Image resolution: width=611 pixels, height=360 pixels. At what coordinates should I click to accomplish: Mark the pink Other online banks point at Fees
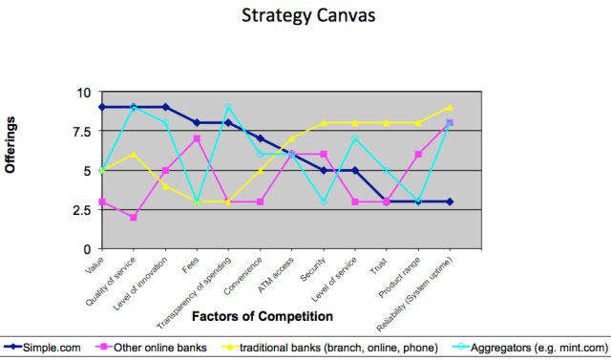pos(197,139)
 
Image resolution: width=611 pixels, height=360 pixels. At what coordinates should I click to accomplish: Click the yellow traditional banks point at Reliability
pos(450,107)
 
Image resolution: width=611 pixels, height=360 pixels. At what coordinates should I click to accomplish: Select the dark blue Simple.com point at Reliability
pos(450,201)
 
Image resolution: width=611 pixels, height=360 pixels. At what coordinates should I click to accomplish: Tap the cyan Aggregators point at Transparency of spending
pos(228,107)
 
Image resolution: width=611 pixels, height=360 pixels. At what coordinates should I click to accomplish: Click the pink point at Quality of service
pos(134,218)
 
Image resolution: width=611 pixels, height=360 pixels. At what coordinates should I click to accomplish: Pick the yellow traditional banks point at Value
pos(102,171)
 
